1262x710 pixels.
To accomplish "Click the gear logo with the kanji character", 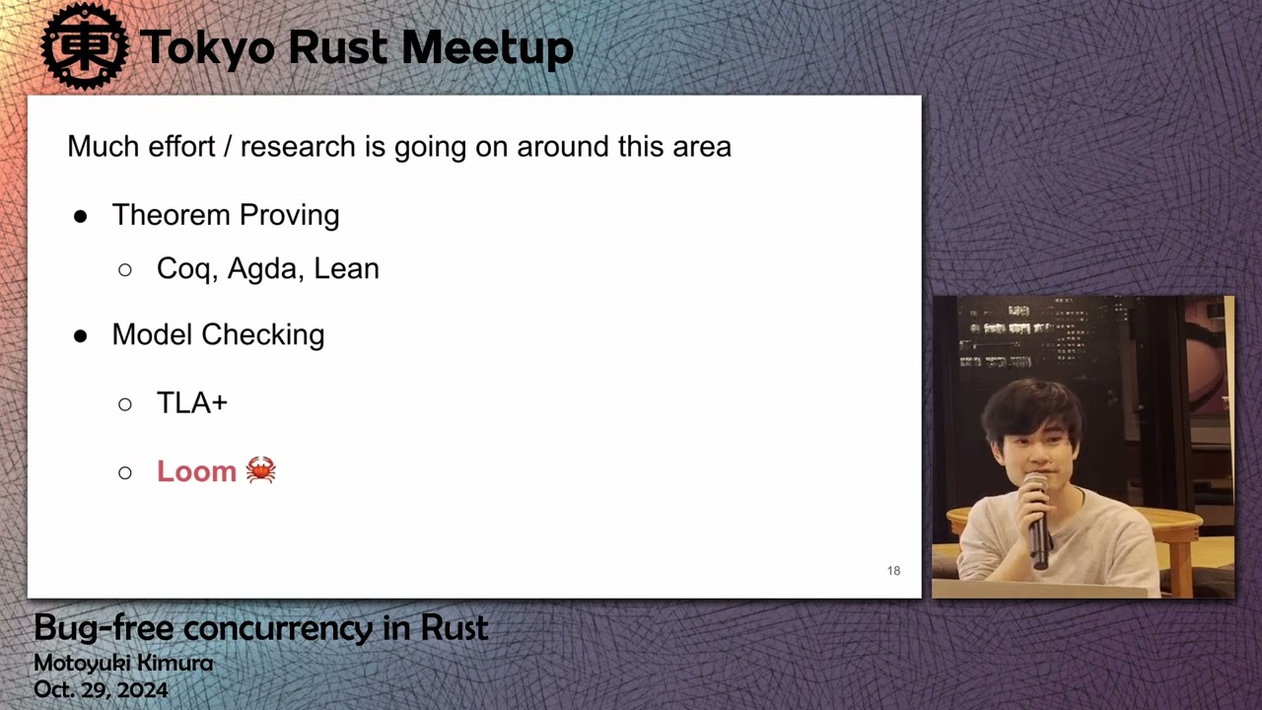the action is point(85,46).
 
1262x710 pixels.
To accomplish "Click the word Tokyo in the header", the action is point(207,47).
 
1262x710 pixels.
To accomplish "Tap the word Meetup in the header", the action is point(488,48).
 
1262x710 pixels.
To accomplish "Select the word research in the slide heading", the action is point(298,147).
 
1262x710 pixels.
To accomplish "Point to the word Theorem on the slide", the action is point(172,215).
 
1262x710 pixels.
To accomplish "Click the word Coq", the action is point(187,269).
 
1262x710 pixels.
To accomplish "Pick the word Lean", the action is point(346,268).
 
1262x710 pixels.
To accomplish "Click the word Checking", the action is point(263,335).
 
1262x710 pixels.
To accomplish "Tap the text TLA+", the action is point(192,403).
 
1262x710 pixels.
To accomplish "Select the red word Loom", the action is point(196,471).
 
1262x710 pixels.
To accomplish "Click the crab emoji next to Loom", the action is point(261,470).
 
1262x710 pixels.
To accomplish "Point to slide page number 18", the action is point(893,571).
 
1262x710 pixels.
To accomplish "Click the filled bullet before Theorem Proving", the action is point(80,216).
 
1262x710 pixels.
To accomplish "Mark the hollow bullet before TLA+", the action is point(125,404).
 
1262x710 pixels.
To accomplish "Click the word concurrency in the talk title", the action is point(278,629).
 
